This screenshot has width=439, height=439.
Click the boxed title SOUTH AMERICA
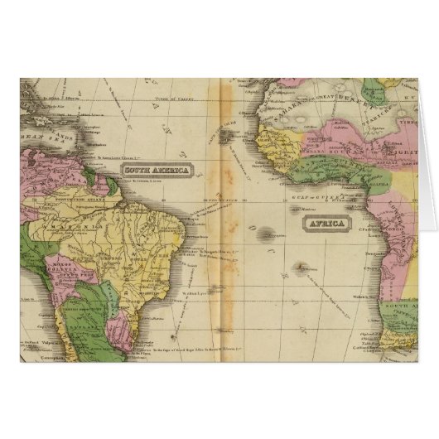154,171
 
